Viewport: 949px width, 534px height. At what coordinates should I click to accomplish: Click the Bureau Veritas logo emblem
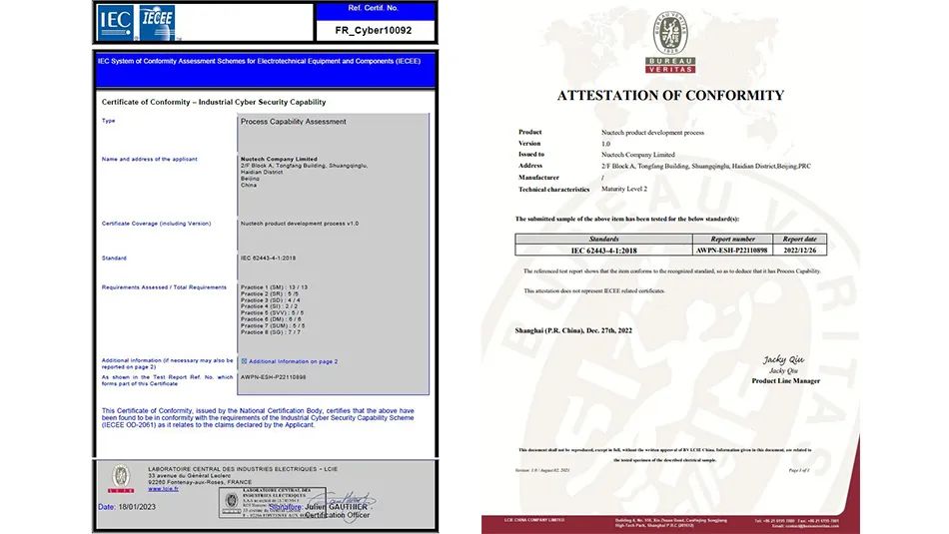click(670, 37)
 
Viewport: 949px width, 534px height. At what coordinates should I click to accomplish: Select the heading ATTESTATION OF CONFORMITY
click(670, 96)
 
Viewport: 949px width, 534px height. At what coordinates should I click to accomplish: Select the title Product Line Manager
click(785, 380)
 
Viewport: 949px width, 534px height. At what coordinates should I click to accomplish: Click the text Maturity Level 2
click(624, 189)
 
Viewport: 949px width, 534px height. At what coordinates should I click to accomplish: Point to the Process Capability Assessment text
click(294, 122)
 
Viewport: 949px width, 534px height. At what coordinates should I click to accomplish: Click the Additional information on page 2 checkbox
click(244, 361)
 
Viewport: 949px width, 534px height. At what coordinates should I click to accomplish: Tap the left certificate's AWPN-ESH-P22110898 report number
click(273, 377)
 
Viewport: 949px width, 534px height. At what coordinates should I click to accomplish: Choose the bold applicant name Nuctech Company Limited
click(279, 159)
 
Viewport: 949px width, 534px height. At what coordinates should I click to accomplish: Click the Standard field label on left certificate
click(114, 258)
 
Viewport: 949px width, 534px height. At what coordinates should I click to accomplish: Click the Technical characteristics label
click(553, 190)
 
